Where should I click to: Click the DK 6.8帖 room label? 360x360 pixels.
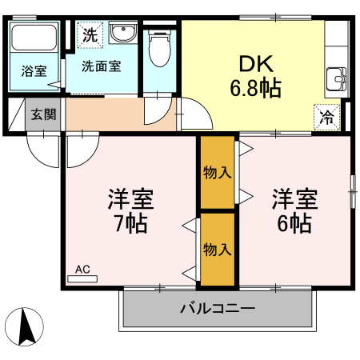pyautogui.click(x=255, y=75)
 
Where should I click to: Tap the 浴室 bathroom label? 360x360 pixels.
pyautogui.click(x=34, y=70)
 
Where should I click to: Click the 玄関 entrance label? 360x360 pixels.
pyautogui.click(x=43, y=114)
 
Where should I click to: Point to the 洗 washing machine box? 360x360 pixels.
pyautogui.click(x=90, y=35)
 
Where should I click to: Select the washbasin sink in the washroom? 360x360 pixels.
pyautogui.click(x=123, y=34)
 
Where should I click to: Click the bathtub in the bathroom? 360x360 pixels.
pyautogui.click(x=34, y=38)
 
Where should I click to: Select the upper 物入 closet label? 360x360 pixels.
pyautogui.click(x=217, y=172)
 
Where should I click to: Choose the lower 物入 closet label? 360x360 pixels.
pyautogui.click(x=217, y=249)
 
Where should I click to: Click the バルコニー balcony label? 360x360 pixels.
pyautogui.click(x=217, y=308)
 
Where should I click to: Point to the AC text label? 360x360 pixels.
pyautogui.click(x=82, y=269)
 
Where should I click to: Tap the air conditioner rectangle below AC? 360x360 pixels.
pyautogui.click(x=82, y=278)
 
